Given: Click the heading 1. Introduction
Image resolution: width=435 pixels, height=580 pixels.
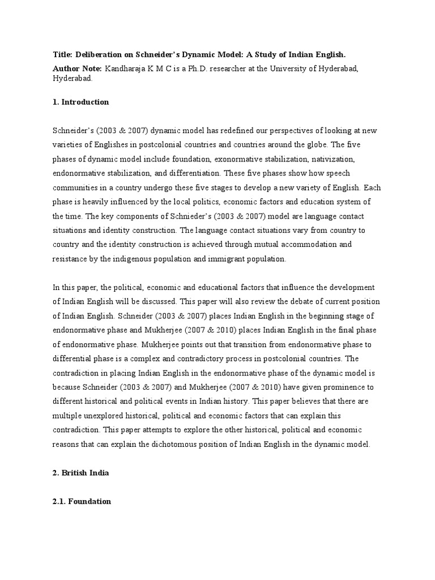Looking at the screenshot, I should [80, 103].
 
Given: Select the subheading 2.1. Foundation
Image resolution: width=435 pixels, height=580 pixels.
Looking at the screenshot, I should [82, 501].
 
